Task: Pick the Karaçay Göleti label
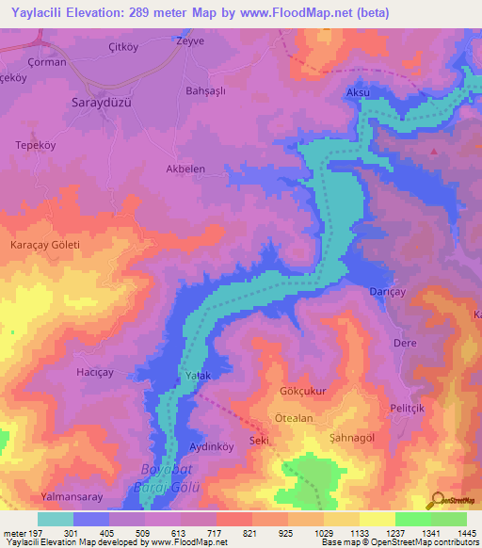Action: coord(45,245)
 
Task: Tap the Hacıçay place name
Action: coord(94,372)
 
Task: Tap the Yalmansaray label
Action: coord(71,496)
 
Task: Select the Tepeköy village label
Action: coord(37,145)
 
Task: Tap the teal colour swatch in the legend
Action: coord(56,519)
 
